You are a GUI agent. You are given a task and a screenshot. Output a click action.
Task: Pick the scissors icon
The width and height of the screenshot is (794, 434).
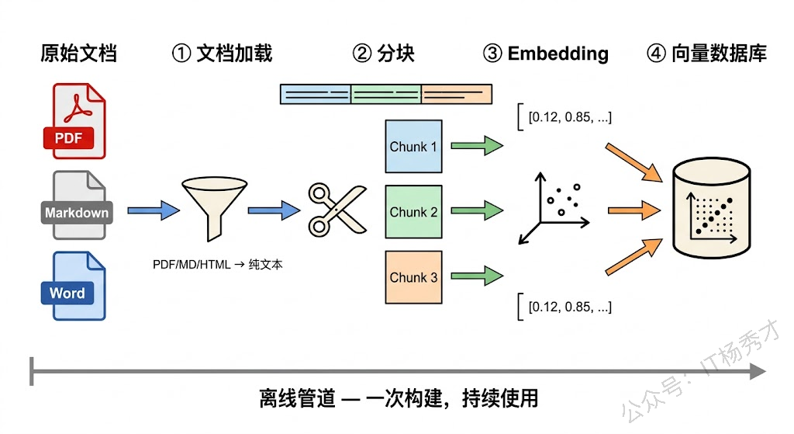pos(337,209)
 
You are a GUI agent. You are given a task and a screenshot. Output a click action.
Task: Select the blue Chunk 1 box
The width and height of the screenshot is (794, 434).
pos(413,146)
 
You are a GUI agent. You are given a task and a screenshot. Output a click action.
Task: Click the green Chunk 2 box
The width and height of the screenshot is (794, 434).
pos(413,211)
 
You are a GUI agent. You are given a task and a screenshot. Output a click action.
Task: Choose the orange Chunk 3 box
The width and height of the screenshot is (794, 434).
pos(413,277)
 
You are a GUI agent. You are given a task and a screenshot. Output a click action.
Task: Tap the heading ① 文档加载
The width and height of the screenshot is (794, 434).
pos(222,54)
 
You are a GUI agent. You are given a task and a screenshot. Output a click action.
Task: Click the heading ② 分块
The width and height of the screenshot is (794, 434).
pos(384,54)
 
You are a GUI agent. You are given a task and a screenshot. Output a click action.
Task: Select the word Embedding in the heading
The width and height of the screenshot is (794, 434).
pos(558,54)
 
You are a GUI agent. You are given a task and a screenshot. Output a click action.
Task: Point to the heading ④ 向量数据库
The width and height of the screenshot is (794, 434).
pos(706,54)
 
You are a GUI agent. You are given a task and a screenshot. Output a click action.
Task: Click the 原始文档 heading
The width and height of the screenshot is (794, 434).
pos(78,54)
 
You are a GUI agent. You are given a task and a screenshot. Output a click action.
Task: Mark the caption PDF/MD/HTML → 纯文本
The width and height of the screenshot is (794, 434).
pos(218,265)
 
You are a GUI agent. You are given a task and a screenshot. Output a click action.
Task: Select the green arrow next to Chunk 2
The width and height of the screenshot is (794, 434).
pos(476,210)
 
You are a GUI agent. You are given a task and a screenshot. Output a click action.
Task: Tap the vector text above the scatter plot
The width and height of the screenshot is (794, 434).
pos(569,118)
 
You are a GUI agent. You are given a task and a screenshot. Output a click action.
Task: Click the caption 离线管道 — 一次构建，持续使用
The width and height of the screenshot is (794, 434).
pos(398,399)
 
